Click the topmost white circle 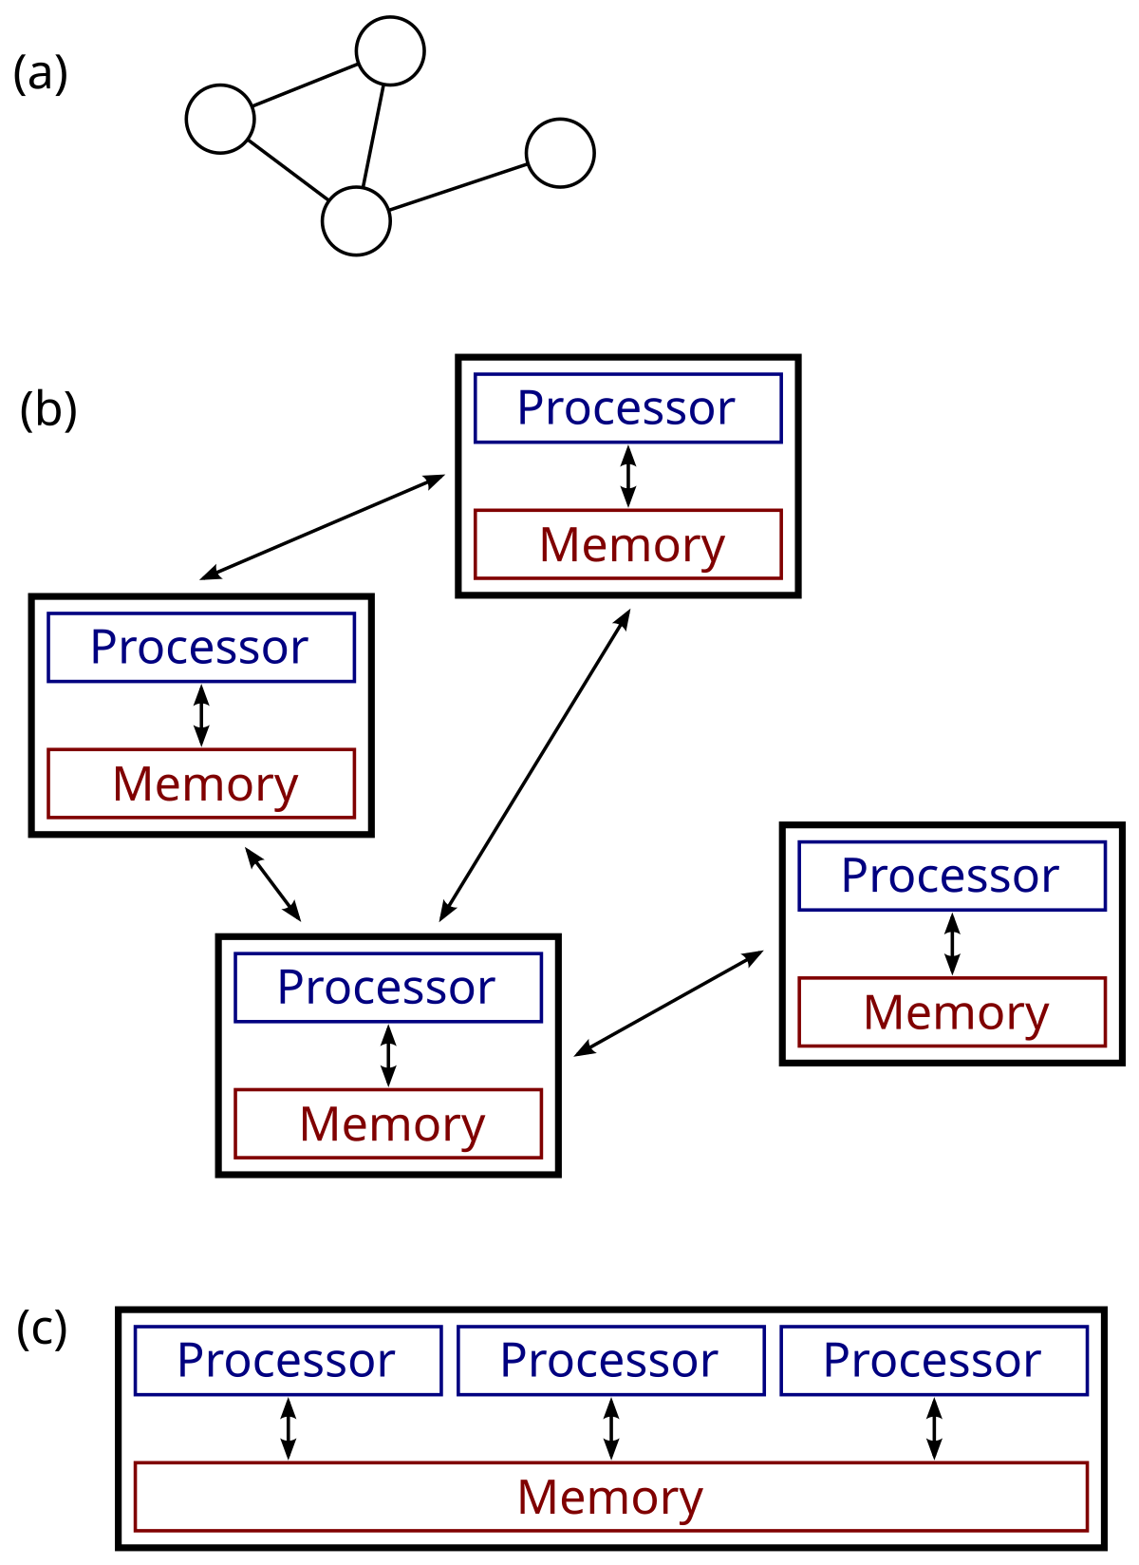[390, 51]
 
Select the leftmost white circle [220, 120]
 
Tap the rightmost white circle [560, 153]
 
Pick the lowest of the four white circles [356, 221]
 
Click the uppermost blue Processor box [627, 408]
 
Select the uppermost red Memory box [627, 545]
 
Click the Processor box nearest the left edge [201, 648]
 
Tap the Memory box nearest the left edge [201, 784]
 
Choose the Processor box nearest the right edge [952, 877]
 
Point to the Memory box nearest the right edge [952, 1012]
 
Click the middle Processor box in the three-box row [611, 1361]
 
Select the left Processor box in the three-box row [289, 1361]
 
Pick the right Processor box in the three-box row [934, 1361]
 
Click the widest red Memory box [611, 1498]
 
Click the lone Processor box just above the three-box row [388, 988]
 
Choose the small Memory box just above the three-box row [388, 1124]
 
